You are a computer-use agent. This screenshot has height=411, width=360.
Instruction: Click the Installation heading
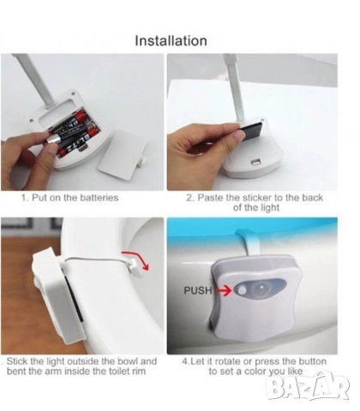point(171,40)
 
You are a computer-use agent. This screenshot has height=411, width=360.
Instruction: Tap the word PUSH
point(198,290)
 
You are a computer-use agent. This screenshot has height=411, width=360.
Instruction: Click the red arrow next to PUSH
point(223,290)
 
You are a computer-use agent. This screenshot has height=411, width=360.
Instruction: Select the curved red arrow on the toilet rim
point(137,259)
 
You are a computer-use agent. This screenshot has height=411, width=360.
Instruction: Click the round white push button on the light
point(241,291)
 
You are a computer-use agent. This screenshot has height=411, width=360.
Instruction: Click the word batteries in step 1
point(99,198)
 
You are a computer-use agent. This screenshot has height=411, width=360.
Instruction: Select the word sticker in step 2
point(257,198)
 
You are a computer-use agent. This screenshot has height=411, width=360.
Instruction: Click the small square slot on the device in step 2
point(255,163)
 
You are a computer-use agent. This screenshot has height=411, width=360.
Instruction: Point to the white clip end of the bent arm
point(134,268)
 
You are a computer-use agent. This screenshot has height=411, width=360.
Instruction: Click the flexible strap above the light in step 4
point(251,241)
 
